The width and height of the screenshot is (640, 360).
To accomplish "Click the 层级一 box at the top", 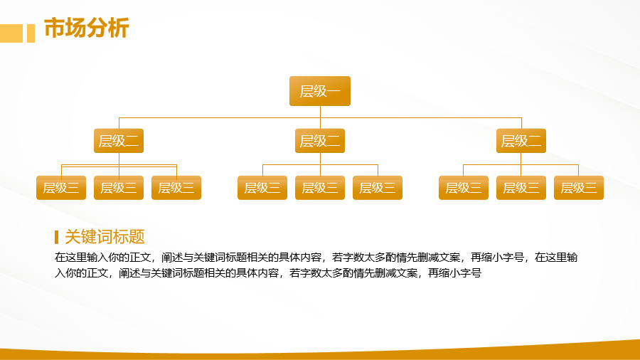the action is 320,91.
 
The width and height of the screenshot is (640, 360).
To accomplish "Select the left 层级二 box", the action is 119,141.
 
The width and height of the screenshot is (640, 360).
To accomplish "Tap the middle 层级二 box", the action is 320,141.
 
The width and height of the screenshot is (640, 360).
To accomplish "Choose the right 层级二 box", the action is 521,141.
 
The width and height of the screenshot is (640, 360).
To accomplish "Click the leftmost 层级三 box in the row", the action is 61,188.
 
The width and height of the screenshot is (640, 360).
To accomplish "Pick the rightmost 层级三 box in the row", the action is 579,188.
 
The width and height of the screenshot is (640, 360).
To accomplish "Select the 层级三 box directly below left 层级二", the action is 119,188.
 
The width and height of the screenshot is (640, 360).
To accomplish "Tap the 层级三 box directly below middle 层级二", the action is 320,188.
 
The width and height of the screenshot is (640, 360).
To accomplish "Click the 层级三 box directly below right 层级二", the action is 521,188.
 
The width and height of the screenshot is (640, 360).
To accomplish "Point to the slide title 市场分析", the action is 87,28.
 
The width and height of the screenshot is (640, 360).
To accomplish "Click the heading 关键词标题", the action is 105,237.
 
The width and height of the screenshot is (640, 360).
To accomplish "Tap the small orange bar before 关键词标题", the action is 56,237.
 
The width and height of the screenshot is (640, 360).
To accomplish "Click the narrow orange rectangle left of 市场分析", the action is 31,33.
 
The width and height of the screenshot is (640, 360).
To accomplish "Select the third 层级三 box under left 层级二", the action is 176,188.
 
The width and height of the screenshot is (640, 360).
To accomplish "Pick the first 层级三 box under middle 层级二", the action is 262,188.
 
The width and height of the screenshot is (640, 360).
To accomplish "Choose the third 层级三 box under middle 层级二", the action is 378,188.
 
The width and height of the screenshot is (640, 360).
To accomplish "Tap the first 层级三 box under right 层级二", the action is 464,188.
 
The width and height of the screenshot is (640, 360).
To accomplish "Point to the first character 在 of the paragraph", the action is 60,258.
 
